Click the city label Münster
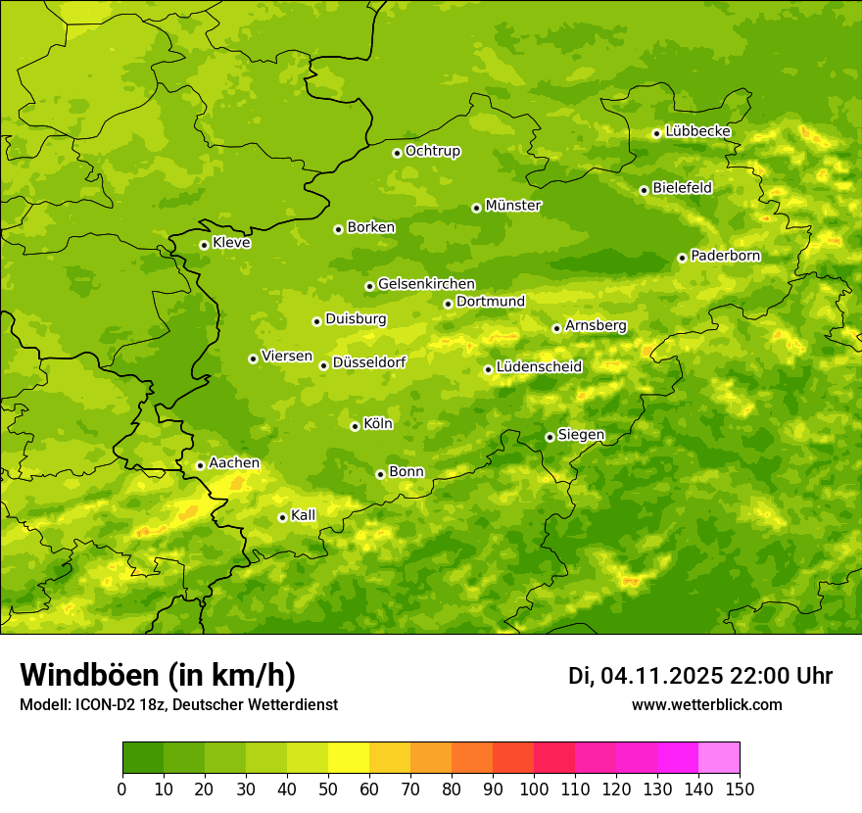(x=513, y=206)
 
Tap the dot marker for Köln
(x=355, y=426)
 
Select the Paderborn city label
(x=726, y=256)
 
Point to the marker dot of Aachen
(x=200, y=465)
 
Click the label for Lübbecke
(x=697, y=131)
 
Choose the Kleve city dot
(x=204, y=245)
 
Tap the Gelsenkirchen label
(x=426, y=284)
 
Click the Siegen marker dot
(x=550, y=437)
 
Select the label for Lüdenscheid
(x=539, y=367)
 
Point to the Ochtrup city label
(x=433, y=151)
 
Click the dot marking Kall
(x=282, y=517)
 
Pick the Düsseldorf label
(x=369, y=362)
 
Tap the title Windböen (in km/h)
(x=158, y=675)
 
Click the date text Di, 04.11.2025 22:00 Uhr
(x=700, y=676)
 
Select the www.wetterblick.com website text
(x=706, y=704)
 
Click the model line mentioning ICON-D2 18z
(x=178, y=704)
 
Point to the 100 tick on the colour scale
(x=534, y=789)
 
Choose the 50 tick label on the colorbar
(x=328, y=789)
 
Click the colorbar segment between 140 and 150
(x=719, y=758)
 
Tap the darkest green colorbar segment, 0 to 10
(x=143, y=758)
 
